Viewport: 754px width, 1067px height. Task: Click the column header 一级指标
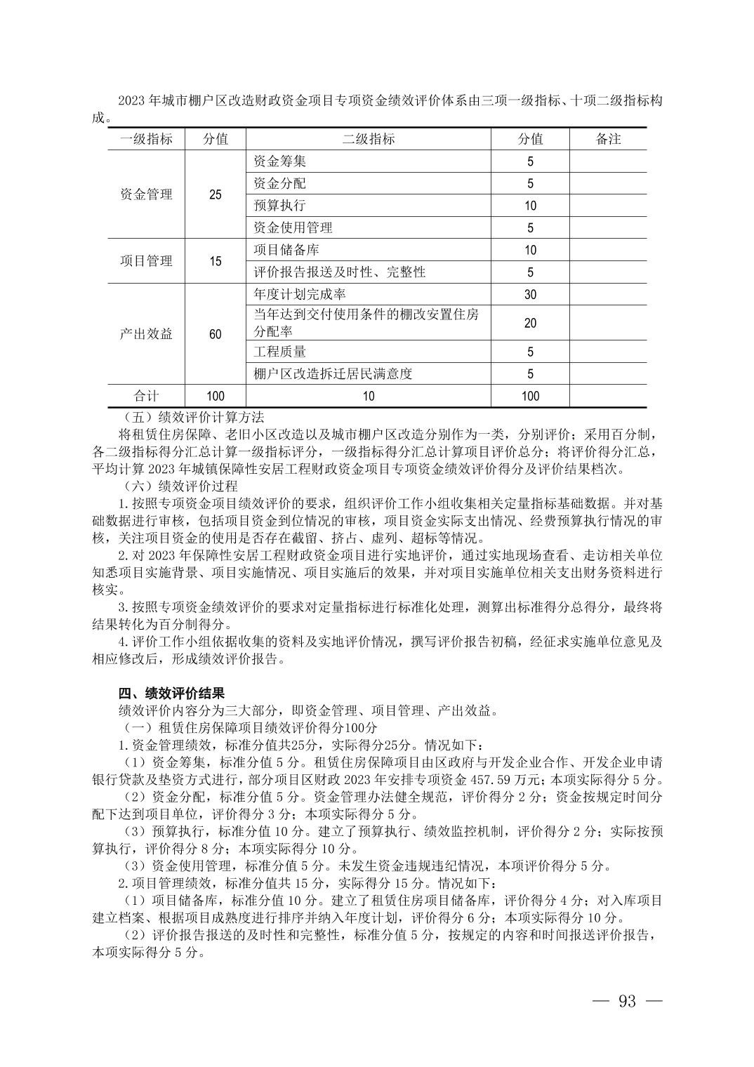coord(146,139)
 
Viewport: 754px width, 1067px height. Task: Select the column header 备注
coord(608,139)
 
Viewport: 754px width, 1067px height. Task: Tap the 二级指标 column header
coord(369,139)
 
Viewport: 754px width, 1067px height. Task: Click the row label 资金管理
coord(146,194)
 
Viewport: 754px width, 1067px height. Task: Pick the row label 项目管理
coord(146,261)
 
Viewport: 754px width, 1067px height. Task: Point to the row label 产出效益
coord(146,334)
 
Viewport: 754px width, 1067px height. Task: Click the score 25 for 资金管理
coord(216,194)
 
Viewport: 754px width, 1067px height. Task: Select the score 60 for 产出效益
coord(216,334)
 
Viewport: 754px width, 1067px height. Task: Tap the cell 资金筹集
coord(280,161)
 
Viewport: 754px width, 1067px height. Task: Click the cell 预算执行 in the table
coord(280,206)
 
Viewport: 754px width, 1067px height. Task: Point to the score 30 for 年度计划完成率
coord(530,295)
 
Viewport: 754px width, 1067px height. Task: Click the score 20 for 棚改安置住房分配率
coord(530,323)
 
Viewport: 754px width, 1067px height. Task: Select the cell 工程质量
coord(280,352)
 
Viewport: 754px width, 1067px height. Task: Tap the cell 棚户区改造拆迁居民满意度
coord(333,374)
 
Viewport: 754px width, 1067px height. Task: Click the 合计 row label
coord(146,396)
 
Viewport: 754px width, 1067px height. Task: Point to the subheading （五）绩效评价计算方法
coord(189,417)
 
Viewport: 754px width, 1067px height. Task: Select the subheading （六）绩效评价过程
coord(180,486)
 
